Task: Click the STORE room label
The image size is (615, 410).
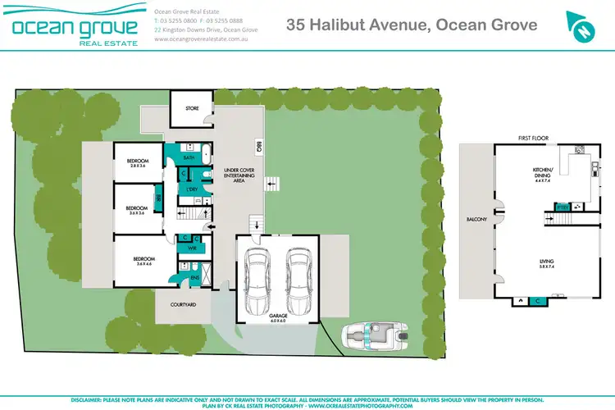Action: (x=192, y=107)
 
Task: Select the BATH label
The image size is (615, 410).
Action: (x=189, y=157)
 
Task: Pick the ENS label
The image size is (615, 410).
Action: (x=194, y=279)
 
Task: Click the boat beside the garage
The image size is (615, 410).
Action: (x=373, y=336)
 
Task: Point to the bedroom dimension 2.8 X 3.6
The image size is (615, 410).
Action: (x=137, y=166)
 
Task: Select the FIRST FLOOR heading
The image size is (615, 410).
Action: (x=532, y=139)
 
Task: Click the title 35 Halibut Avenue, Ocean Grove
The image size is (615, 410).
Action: (x=412, y=25)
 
